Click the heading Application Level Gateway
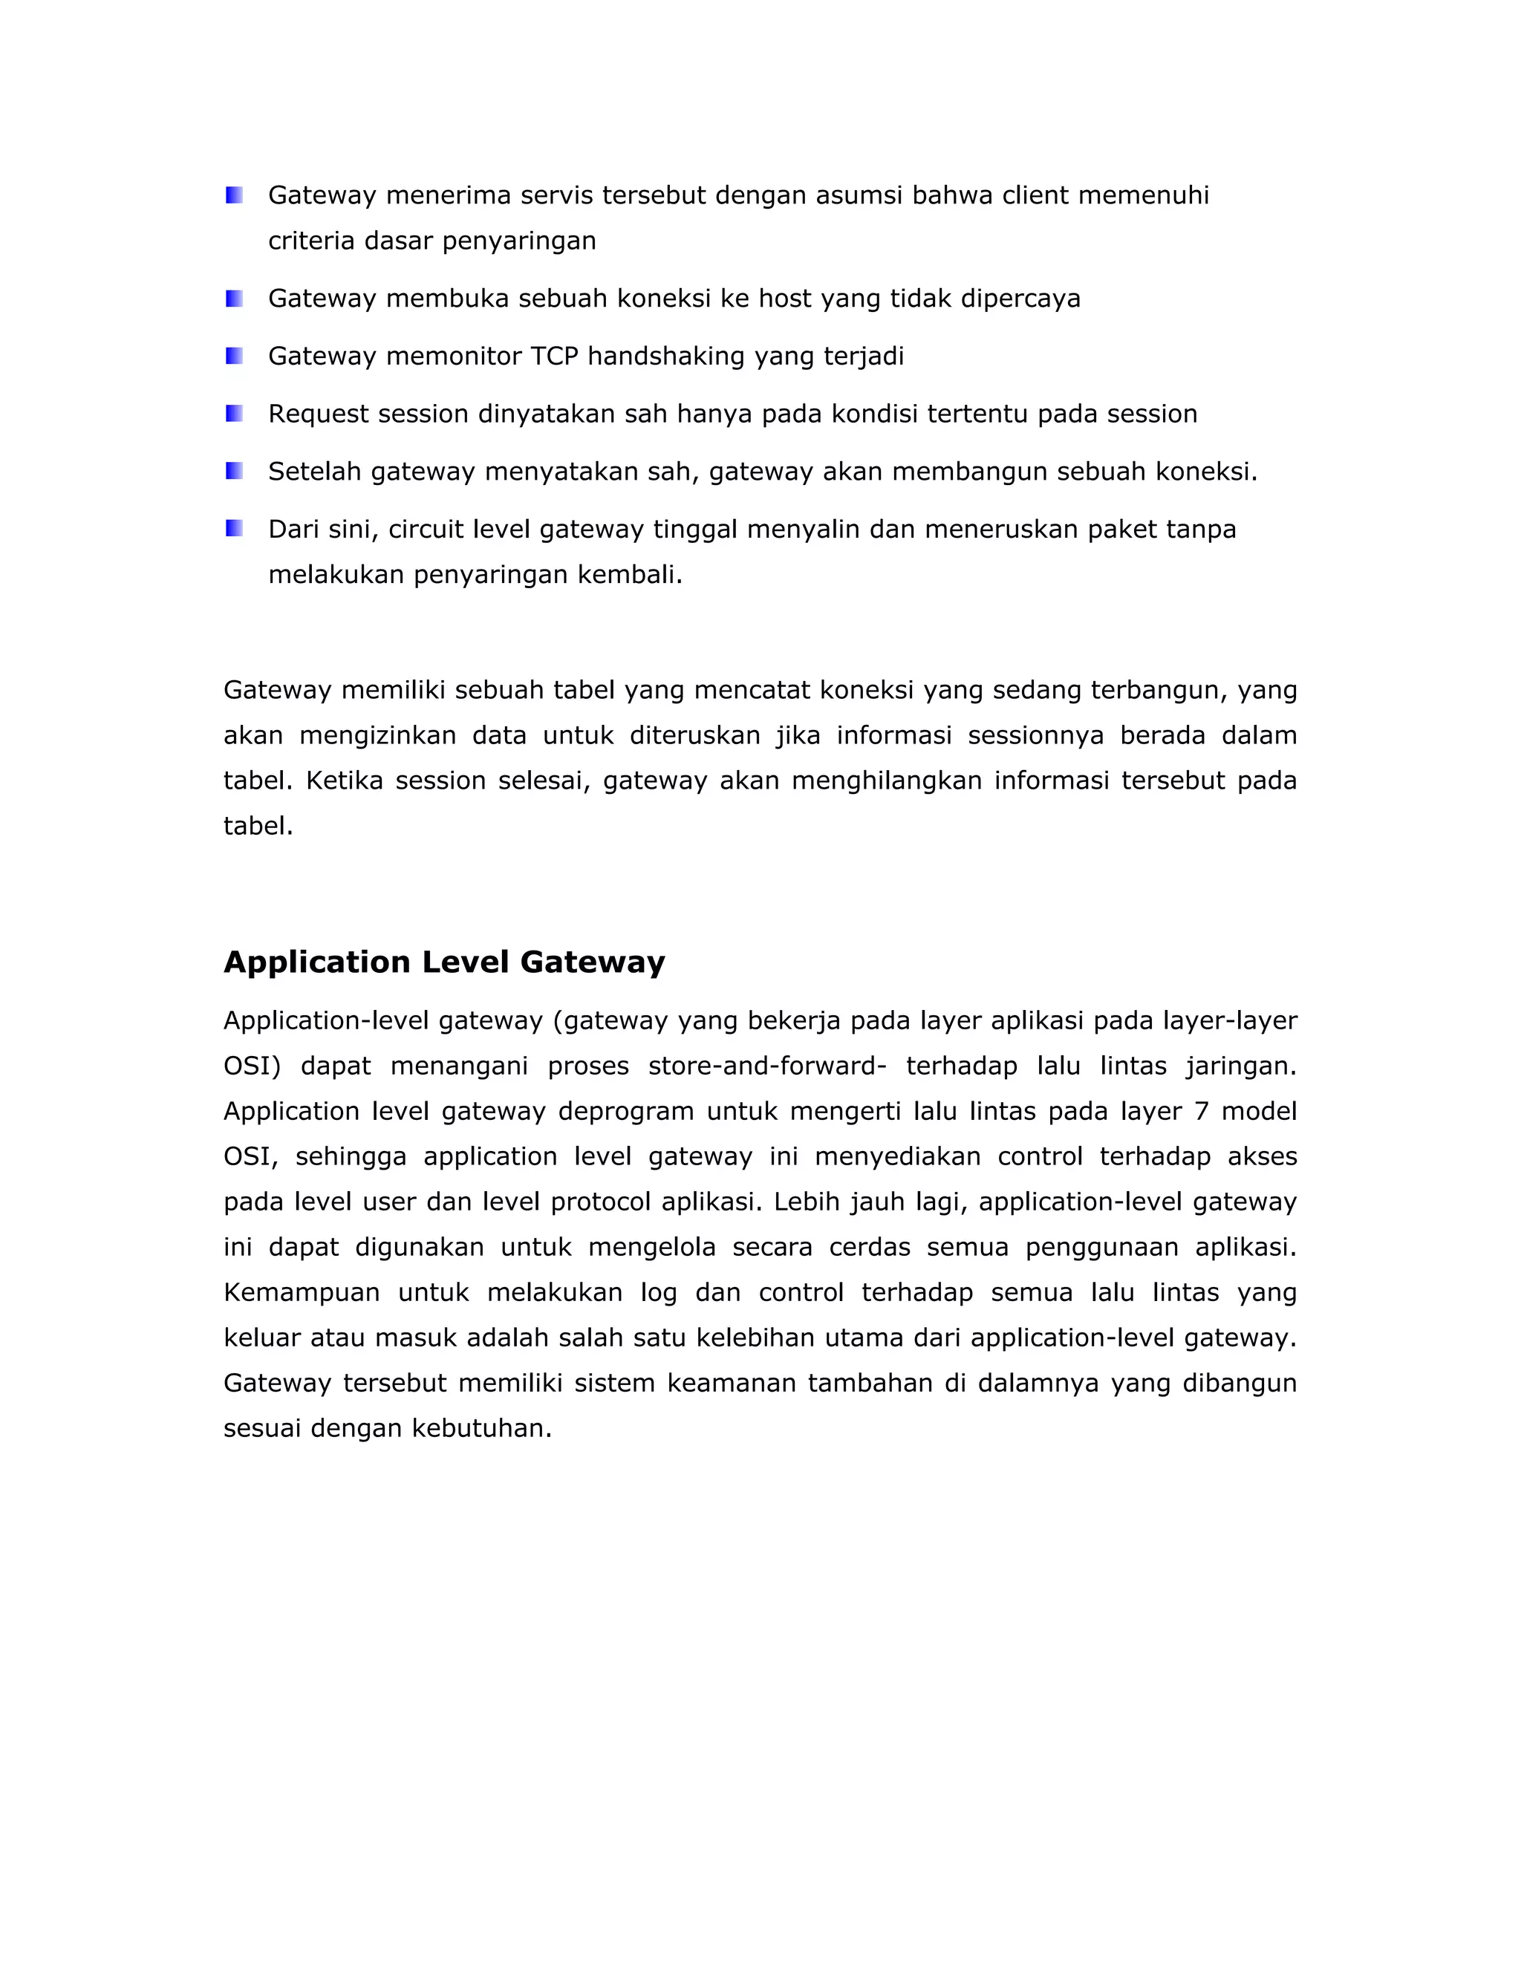click(x=444, y=962)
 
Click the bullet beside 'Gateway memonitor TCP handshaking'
click(x=234, y=356)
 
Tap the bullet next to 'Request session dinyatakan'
click(x=234, y=414)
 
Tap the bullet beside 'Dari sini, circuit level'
click(x=234, y=529)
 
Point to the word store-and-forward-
click(x=766, y=1066)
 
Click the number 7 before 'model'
click(x=1201, y=1111)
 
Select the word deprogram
click(x=625, y=1111)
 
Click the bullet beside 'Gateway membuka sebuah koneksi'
click(x=234, y=299)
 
